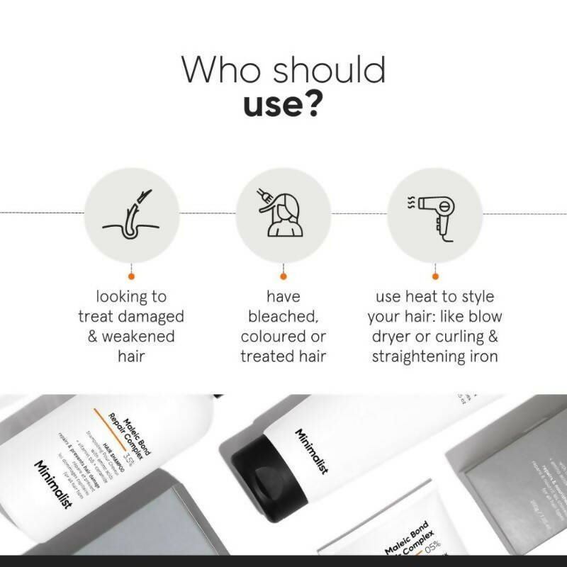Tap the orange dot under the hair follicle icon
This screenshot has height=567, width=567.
[131, 276]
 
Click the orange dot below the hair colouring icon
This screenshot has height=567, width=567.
[283, 276]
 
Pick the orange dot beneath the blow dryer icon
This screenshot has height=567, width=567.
[435, 276]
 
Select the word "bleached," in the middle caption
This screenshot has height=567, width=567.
[283, 315]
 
